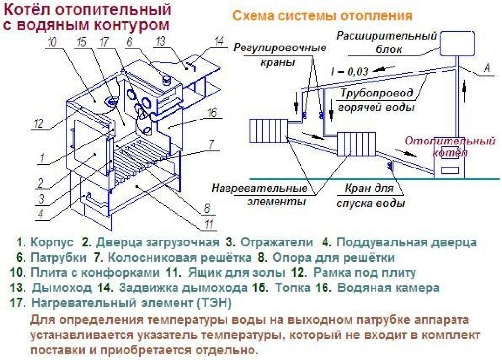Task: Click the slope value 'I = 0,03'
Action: click(x=349, y=72)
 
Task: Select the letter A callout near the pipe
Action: click(x=487, y=69)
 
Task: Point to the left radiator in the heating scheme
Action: click(x=268, y=131)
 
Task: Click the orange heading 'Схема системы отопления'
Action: click(x=322, y=16)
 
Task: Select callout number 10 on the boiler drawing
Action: click(x=52, y=42)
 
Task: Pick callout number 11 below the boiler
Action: click(x=209, y=225)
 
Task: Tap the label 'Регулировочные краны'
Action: click(x=279, y=55)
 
